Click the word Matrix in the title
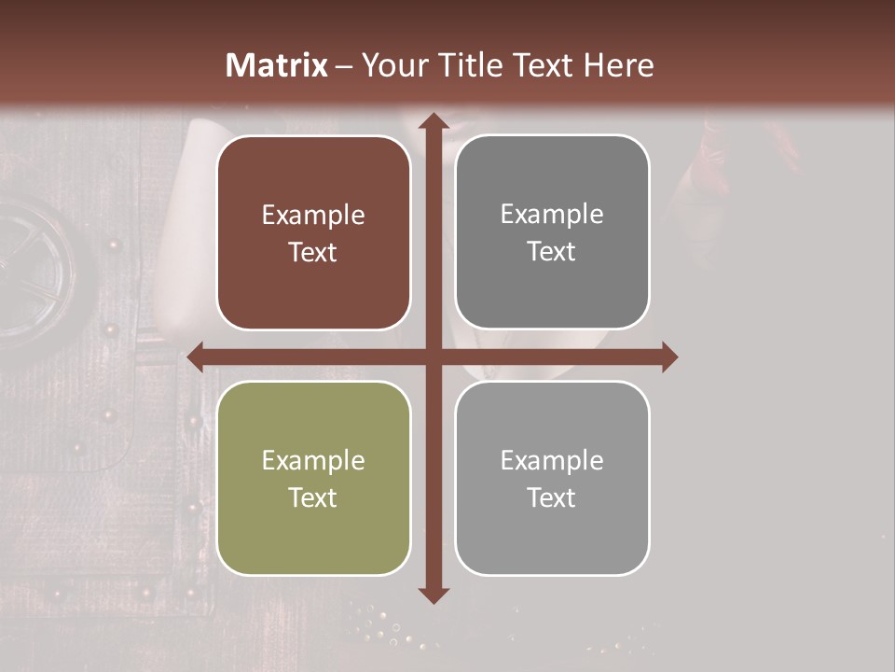(x=277, y=65)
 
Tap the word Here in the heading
(x=618, y=65)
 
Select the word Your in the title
(x=391, y=65)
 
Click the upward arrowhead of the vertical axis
(x=433, y=122)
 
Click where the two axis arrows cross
(x=433, y=357)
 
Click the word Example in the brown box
(x=313, y=216)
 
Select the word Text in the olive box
(x=313, y=497)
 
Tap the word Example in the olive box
(x=313, y=461)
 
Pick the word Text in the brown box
(x=313, y=253)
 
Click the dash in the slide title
(x=344, y=66)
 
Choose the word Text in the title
(x=543, y=65)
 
